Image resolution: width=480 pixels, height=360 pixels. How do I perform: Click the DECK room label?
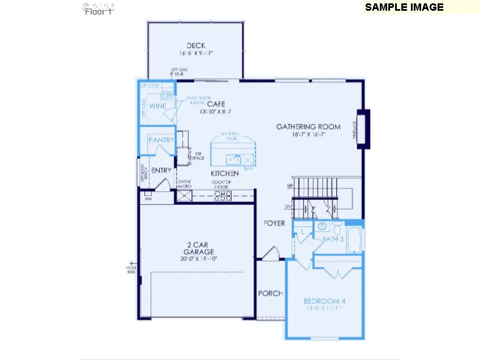click(x=195, y=46)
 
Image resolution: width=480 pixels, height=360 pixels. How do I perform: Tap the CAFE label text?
click(x=216, y=104)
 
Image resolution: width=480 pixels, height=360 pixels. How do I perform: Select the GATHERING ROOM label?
click(x=308, y=127)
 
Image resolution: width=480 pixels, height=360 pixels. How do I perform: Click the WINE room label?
click(x=157, y=106)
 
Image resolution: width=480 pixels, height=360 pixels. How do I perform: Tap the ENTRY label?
click(x=161, y=170)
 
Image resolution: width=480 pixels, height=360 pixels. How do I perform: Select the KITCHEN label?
click(x=224, y=173)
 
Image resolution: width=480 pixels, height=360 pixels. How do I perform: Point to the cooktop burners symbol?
click(x=223, y=196)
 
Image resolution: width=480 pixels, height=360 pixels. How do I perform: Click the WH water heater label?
click(x=148, y=199)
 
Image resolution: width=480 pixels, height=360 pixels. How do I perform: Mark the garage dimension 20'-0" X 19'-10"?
click(x=195, y=259)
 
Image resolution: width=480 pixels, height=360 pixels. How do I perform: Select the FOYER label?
click(x=275, y=224)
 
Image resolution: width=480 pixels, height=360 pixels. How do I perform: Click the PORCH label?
click(x=270, y=294)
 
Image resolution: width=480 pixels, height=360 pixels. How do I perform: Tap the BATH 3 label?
click(x=333, y=239)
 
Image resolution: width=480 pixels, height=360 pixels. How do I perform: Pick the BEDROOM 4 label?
click(x=324, y=301)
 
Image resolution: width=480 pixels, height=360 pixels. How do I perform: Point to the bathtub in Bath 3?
click(x=355, y=241)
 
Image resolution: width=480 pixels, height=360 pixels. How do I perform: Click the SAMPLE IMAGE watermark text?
click(x=404, y=7)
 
